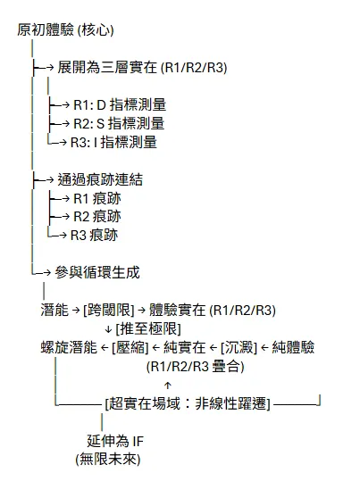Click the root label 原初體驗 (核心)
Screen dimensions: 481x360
pyautogui.click(x=65, y=30)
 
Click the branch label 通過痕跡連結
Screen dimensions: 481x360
pyautogui.click(x=99, y=179)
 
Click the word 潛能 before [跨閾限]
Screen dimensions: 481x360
pyautogui.click(x=54, y=311)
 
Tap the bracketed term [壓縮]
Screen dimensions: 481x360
pyautogui.click(x=130, y=347)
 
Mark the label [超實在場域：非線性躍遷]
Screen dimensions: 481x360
pyautogui.click(x=187, y=402)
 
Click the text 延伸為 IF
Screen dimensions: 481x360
pyautogui.click(x=115, y=440)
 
